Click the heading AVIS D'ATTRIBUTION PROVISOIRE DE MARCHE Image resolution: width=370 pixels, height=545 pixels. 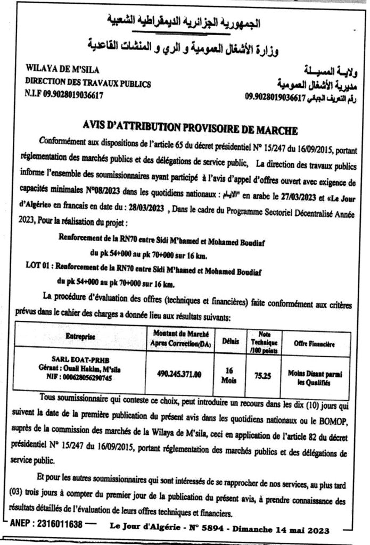196,129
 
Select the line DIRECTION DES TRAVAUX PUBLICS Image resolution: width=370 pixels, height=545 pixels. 88,84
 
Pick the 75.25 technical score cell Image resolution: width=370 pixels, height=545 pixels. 264,375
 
